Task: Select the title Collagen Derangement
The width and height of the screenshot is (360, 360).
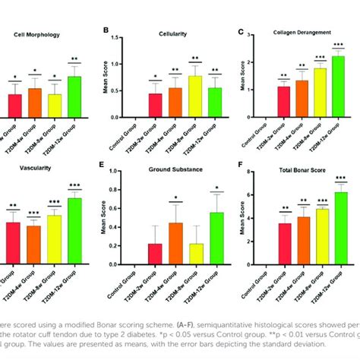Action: click(x=305, y=33)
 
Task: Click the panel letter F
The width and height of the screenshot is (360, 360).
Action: click(x=242, y=163)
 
